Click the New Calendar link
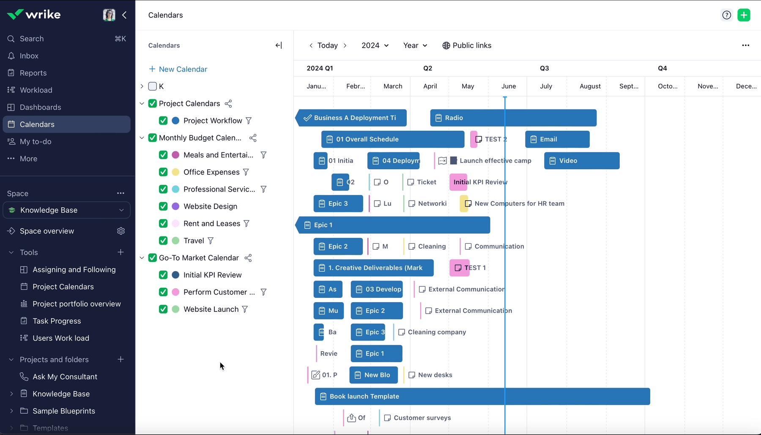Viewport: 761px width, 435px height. [178, 69]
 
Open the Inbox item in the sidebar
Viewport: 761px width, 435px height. [29, 56]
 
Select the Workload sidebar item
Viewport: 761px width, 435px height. [36, 90]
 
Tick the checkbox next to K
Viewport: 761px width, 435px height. [153, 86]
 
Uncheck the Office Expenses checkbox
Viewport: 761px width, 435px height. [163, 172]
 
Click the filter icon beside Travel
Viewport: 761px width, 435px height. [211, 241]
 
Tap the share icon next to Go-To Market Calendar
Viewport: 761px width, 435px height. [248, 258]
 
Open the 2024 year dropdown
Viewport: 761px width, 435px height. [375, 45]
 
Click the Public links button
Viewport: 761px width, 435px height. [467, 45]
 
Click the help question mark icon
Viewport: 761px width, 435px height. [726, 15]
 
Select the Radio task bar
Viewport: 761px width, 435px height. [513, 118]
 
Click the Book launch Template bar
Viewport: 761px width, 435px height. [482, 396]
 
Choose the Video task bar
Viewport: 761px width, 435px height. [581, 161]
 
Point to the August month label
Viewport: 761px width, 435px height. [590, 86]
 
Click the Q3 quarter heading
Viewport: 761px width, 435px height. [544, 68]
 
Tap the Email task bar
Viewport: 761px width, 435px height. [557, 139]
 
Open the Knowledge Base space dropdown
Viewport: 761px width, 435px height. [66, 210]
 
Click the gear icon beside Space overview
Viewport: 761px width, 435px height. [121, 231]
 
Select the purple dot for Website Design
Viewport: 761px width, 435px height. [175, 206]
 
